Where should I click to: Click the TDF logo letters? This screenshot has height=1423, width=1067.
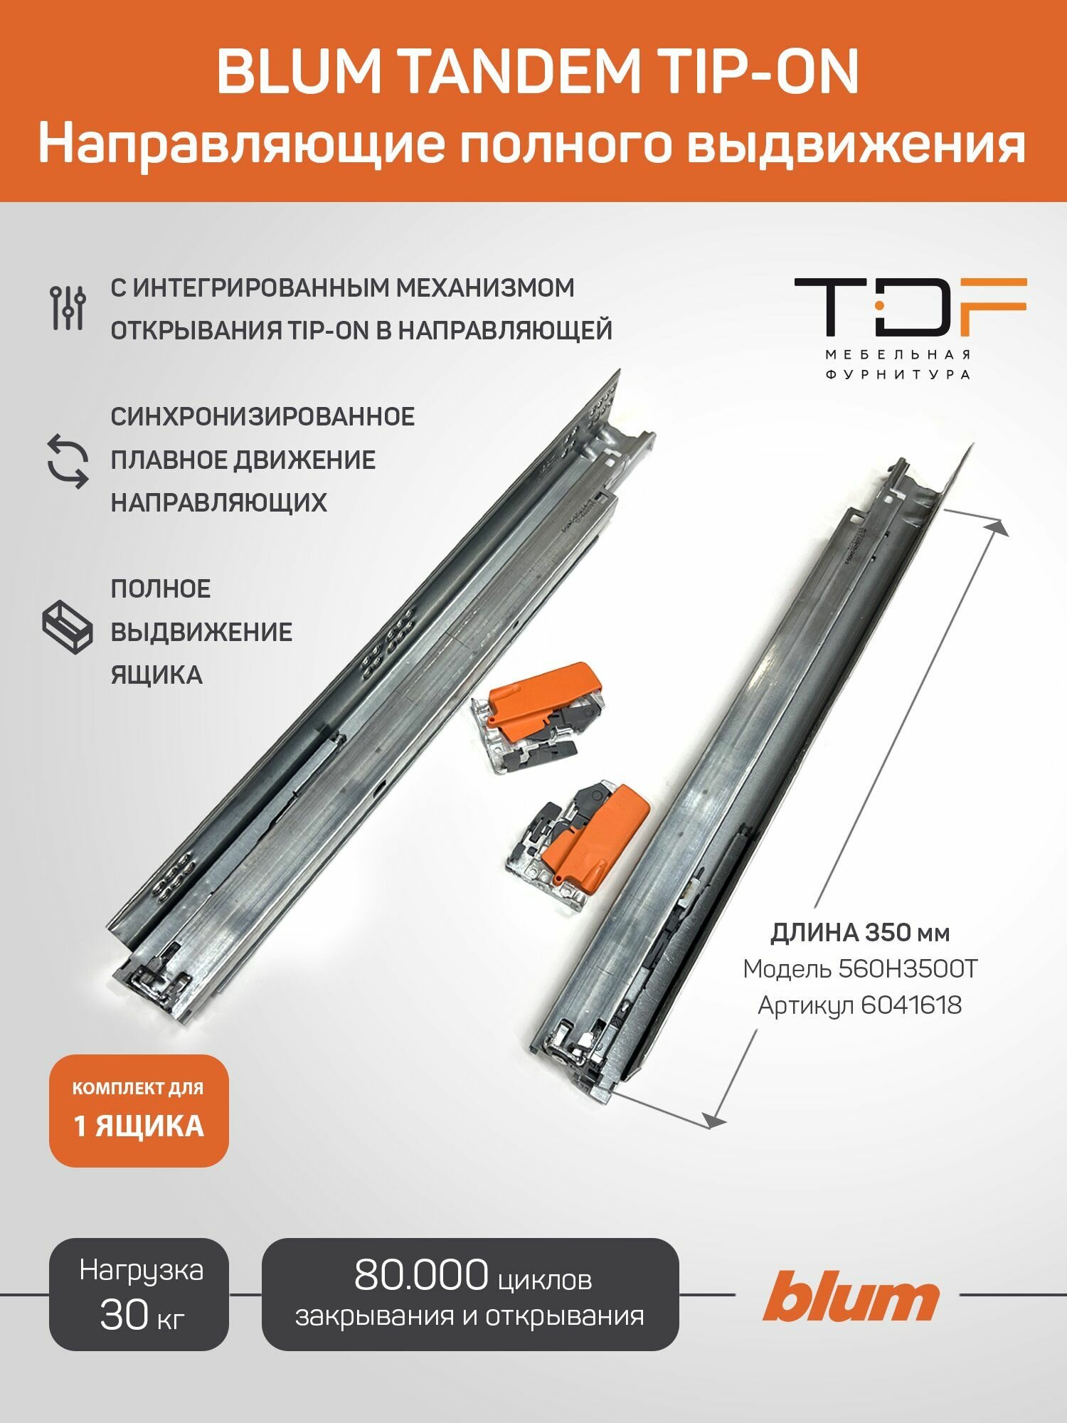coord(910,307)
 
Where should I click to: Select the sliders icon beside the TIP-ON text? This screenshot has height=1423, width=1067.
coord(68,307)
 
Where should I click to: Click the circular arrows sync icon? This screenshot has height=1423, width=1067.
coord(68,460)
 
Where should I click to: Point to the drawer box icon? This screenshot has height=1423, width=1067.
coord(68,626)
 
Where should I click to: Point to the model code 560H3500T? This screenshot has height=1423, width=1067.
coord(908,968)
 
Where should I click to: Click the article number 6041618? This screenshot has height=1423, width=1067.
coord(911,1005)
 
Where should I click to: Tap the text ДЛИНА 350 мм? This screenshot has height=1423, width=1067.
coord(860,932)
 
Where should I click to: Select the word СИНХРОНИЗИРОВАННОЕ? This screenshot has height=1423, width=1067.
coord(262,416)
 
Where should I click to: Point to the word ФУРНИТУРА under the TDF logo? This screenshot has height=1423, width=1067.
coord(898,374)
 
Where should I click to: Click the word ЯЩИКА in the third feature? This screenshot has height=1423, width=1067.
coord(156,675)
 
